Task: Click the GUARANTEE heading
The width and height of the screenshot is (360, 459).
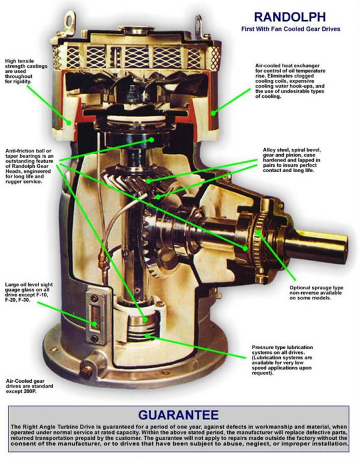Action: point(179,414)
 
